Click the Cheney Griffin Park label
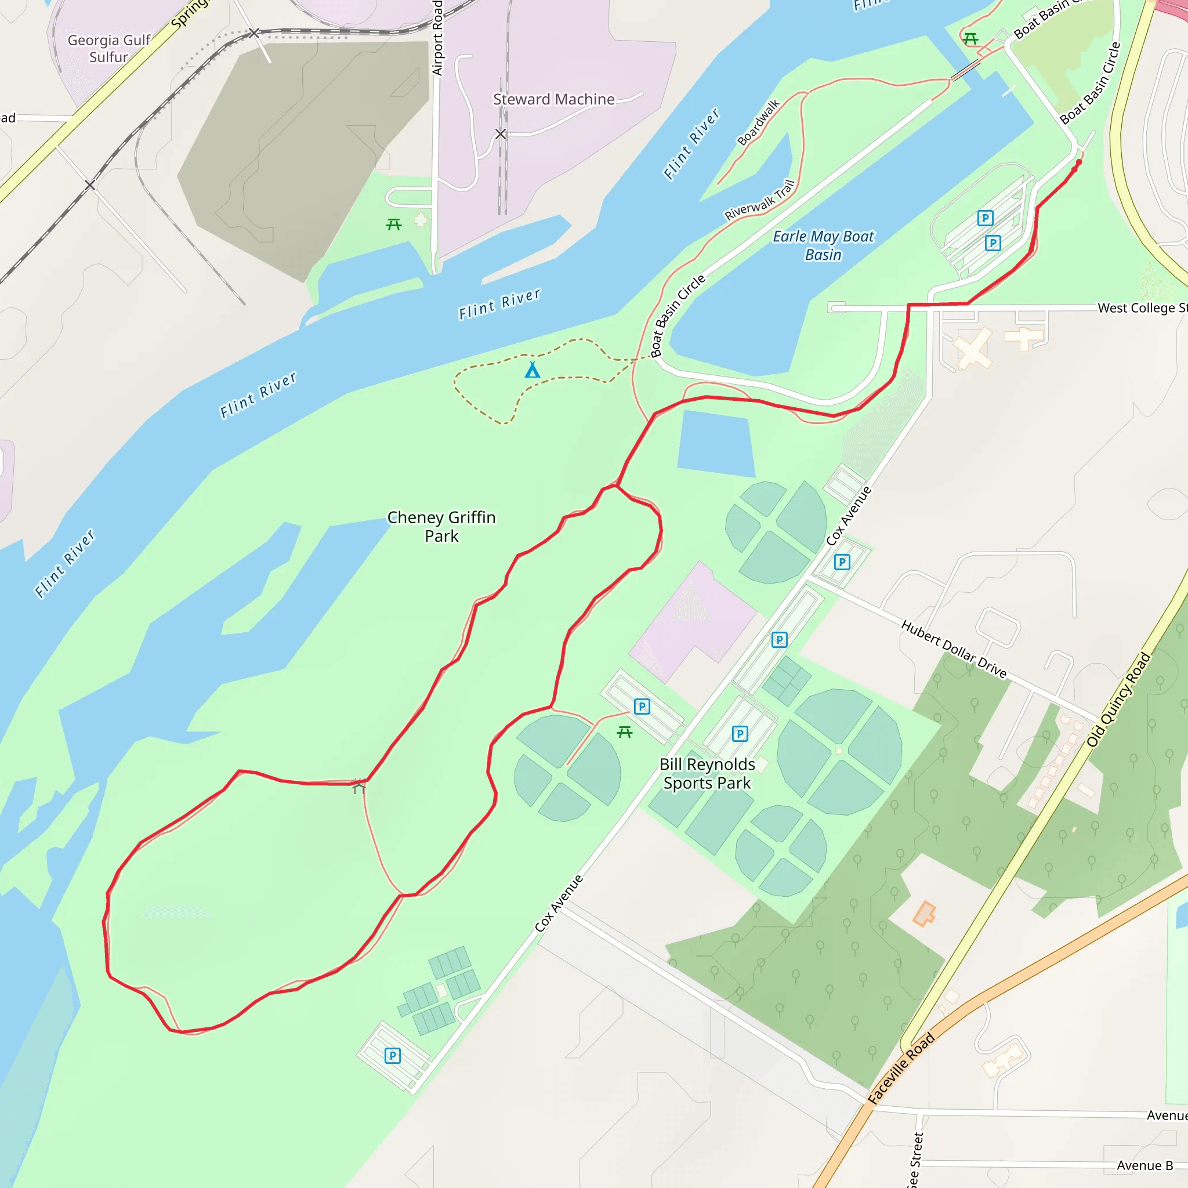pos(441,526)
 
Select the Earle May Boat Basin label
pos(823,245)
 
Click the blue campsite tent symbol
pos(533,370)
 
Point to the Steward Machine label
pos(553,99)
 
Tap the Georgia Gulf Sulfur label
pos(109,49)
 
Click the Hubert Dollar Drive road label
pos(953,649)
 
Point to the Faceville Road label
pos(901,1068)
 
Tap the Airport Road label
pos(437,38)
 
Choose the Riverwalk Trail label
pos(760,200)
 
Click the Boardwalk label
pos(758,122)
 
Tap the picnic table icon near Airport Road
pos(393,224)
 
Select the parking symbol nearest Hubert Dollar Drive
pos(842,562)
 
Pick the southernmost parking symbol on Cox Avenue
pos(392,1056)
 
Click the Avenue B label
pos(1144,1165)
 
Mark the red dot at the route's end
pos(1078,162)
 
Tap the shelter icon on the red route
pos(359,787)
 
